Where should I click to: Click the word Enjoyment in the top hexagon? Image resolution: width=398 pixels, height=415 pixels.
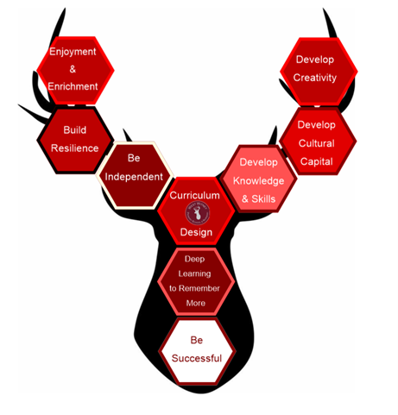pyautogui.click(x=73, y=52)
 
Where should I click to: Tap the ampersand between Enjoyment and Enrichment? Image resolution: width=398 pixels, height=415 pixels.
pyautogui.click(x=73, y=69)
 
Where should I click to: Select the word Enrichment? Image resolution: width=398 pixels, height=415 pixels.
pyautogui.click(x=73, y=86)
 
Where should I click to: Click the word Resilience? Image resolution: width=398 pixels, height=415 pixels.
pyautogui.click(x=75, y=148)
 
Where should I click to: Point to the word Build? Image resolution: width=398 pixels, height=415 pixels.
pyautogui.click(x=75, y=130)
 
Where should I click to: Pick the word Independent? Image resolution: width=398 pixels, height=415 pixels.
pyautogui.click(x=134, y=177)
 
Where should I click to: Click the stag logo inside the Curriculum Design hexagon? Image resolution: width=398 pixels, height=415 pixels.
pyautogui.click(x=197, y=213)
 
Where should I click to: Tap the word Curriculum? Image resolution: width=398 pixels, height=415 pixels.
pyautogui.click(x=194, y=195)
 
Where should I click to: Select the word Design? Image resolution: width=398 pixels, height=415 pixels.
pyautogui.click(x=196, y=232)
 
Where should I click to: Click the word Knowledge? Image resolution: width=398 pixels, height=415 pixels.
pyautogui.click(x=258, y=181)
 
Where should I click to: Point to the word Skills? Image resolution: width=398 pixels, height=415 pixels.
pyautogui.click(x=263, y=199)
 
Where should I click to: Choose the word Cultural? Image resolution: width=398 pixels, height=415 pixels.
pyautogui.click(x=317, y=143)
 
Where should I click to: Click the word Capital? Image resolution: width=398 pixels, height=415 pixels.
pyautogui.click(x=317, y=161)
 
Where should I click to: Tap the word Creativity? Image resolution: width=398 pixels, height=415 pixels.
pyautogui.click(x=315, y=78)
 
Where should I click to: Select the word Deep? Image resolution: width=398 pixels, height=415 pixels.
pyautogui.click(x=194, y=259)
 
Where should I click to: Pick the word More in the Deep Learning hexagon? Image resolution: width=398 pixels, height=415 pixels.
pyautogui.click(x=196, y=303)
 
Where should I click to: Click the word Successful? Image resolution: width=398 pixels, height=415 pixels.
pyautogui.click(x=197, y=358)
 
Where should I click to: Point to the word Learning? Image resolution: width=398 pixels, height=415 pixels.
pyautogui.click(x=194, y=274)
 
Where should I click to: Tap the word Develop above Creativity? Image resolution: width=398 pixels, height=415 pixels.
pyautogui.click(x=315, y=60)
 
